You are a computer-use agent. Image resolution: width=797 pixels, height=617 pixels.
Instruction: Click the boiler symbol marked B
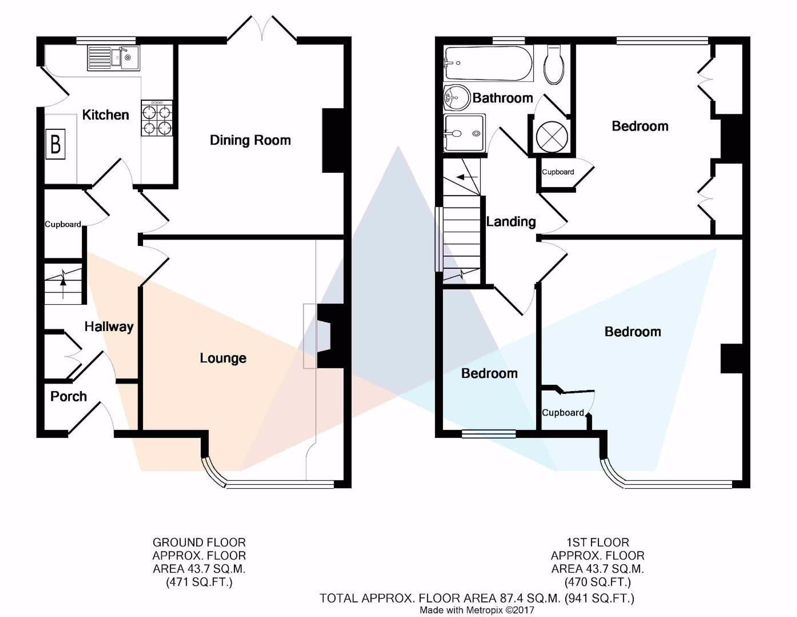click(x=55, y=144)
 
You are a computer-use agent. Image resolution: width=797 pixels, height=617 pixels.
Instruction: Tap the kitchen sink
click(x=113, y=58)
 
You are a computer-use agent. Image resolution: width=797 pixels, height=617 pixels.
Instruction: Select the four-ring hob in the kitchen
click(x=157, y=118)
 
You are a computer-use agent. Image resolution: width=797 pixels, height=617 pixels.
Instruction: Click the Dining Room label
click(x=250, y=140)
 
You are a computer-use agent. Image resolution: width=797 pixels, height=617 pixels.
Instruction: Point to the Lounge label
click(x=223, y=358)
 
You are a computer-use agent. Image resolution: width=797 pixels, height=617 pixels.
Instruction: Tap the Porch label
click(x=69, y=396)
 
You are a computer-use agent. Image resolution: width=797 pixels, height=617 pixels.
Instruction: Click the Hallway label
click(x=109, y=327)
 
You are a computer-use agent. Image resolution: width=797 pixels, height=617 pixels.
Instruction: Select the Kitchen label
click(x=106, y=115)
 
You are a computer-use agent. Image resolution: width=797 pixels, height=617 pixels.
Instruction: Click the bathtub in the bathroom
click(x=488, y=64)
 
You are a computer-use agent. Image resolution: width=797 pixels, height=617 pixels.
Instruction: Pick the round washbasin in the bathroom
click(x=456, y=97)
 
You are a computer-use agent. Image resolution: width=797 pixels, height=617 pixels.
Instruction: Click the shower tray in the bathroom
click(x=464, y=133)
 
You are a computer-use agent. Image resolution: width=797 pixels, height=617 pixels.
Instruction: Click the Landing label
click(x=511, y=222)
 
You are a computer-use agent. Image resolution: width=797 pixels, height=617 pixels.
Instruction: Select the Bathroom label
click(x=503, y=98)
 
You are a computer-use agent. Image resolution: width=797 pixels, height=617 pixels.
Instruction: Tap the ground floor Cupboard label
click(x=63, y=224)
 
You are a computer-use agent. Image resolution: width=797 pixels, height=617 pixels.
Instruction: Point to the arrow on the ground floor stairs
click(x=63, y=286)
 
